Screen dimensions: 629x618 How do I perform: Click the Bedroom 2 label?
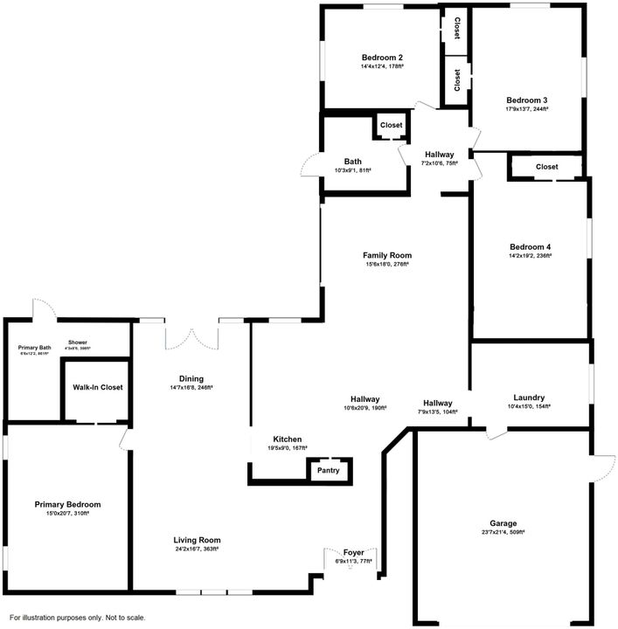tap(381, 57)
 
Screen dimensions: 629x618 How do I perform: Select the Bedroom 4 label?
tap(530, 246)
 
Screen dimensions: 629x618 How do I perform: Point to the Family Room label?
tap(387, 255)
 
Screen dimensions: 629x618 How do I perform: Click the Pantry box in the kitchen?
tap(329, 470)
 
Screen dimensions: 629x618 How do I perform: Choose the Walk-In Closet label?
tap(97, 387)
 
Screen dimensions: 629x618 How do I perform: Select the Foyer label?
tap(353, 552)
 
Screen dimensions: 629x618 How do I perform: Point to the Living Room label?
tap(196, 540)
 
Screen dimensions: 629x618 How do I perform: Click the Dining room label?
tap(191, 378)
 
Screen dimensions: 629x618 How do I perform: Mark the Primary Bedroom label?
tap(67, 504)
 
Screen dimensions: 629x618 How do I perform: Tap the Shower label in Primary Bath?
tap(78, 342)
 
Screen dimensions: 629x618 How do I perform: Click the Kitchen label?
tap(288, 439)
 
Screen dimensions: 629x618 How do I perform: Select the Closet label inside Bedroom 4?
tap(546, 167)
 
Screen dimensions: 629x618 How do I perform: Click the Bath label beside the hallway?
tap(352, 161)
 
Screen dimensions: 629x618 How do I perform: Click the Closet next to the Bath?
tap(392, 126)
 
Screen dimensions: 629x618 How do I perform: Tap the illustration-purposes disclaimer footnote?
tap(78, 617)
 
